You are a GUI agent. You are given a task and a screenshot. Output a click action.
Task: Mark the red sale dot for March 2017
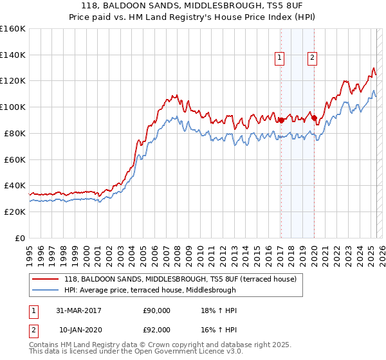click(281, 120)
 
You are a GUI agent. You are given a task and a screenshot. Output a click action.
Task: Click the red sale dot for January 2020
click(313, 118)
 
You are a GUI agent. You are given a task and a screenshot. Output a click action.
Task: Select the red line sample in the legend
click(46, 279)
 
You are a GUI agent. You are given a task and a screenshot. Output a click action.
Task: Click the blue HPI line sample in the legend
click(46, 290)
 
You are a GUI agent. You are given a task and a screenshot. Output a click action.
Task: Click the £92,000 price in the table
click(156, 329)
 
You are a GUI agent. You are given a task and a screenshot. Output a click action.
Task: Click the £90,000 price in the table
click(156, 310)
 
